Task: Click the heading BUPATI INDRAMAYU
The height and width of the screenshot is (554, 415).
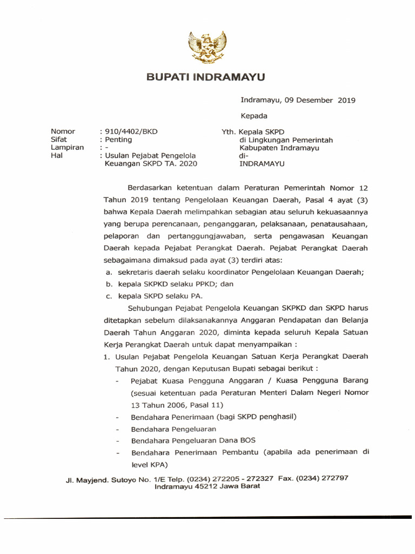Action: click(206, 78)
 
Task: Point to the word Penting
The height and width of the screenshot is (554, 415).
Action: click(119, 140)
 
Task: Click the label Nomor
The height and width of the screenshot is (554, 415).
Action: click(63, 131)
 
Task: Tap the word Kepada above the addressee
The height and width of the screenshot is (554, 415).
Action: click(253, 116)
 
